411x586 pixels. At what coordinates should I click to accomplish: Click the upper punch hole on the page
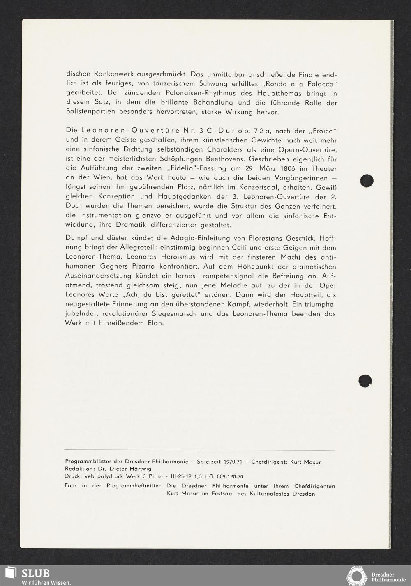(366, 181)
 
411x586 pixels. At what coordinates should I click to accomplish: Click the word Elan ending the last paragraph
(155, 323)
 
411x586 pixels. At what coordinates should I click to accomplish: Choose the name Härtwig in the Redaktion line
(137, 469)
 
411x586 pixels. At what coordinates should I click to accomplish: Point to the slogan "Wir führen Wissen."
(46, 582)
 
